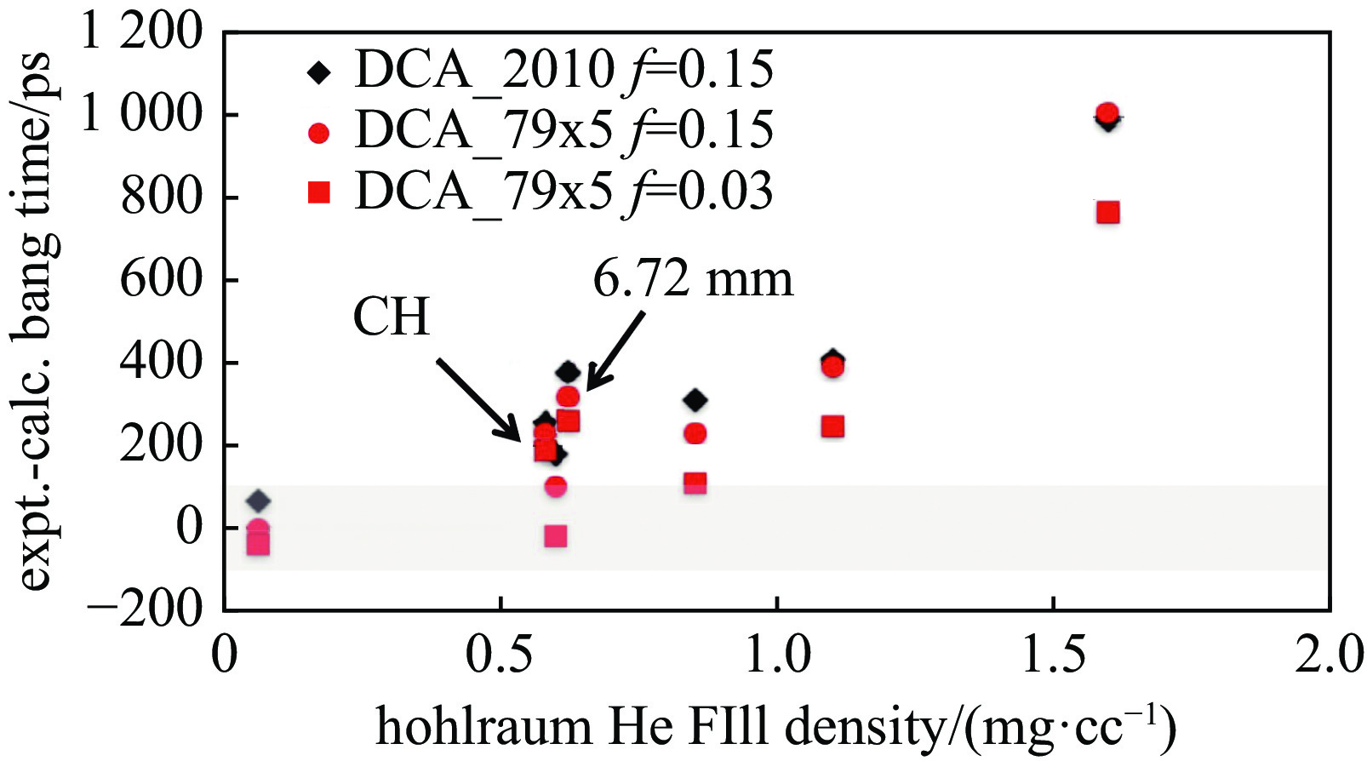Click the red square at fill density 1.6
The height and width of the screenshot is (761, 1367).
point(1107,212)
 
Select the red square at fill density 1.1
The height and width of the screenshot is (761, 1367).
point(832,426)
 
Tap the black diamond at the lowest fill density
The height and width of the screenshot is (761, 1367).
point(259,501)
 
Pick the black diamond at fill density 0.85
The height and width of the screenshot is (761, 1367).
point(695,400)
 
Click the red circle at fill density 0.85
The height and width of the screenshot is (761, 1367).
point(695,433)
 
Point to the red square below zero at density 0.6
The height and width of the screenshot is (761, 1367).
point(555,536)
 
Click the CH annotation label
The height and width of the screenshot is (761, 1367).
point(391,317)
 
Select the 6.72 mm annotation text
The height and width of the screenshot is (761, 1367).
point(693,278)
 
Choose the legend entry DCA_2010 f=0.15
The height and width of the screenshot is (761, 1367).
point(541,70)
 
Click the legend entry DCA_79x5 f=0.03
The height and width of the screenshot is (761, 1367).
point(541,192)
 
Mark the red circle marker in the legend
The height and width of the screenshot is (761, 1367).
point(319,133)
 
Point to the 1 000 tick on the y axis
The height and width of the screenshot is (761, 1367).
point(141,114)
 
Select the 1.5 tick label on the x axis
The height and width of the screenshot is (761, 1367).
point(1053,656)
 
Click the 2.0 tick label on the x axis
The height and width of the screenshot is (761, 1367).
point(1328,656)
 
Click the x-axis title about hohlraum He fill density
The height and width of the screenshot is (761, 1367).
point(775,729)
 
